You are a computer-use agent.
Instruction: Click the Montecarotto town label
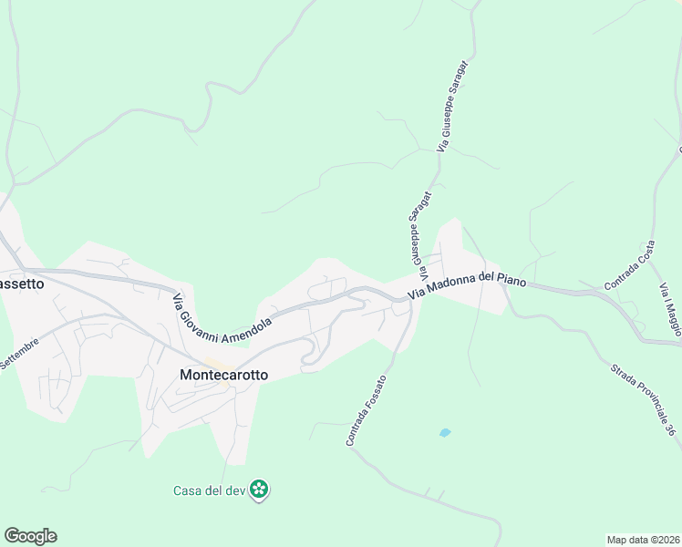click(x=223, y=374)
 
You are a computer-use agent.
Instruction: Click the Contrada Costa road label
click(x=629, y=271)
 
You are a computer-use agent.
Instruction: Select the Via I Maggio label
click(x=670, y=309)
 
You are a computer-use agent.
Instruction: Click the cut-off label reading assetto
click(x=22, y=283)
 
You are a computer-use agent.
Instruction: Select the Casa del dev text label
click(x=212, y=490)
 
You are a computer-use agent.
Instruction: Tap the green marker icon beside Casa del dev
click(x=260, y=490)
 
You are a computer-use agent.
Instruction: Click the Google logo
click(x=30, y=536)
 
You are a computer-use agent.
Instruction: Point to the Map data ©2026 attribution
click(x=643, y=540)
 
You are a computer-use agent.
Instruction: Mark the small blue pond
click(x=445, y=433)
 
